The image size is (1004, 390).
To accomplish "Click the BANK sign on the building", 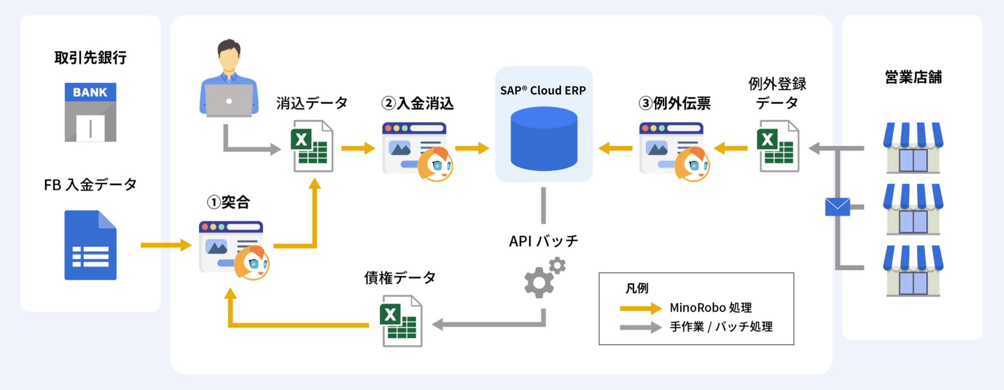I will point(90,92).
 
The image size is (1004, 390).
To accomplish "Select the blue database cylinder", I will point(544,139).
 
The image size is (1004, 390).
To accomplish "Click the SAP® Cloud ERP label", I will point(543,91).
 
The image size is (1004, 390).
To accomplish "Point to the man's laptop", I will point(229,100).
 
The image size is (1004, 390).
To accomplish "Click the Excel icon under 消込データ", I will point(312,146).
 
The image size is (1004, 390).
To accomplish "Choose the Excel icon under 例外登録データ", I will point(778,146).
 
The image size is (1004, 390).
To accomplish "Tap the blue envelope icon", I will point(837,207).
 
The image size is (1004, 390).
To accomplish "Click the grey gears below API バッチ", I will point(544,278).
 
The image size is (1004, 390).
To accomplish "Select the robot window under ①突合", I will point(233,248).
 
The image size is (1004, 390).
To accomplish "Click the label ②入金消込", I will point(417,103).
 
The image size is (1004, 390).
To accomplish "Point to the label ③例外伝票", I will point(675,103).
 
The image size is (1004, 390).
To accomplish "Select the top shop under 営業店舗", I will point(913,148).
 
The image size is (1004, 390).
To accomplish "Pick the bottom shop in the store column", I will point(913,271).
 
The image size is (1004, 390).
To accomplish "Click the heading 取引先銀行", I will point(90,57).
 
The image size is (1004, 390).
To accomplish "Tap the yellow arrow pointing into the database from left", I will point(472,148).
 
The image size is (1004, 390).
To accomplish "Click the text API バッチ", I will point(543,241).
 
